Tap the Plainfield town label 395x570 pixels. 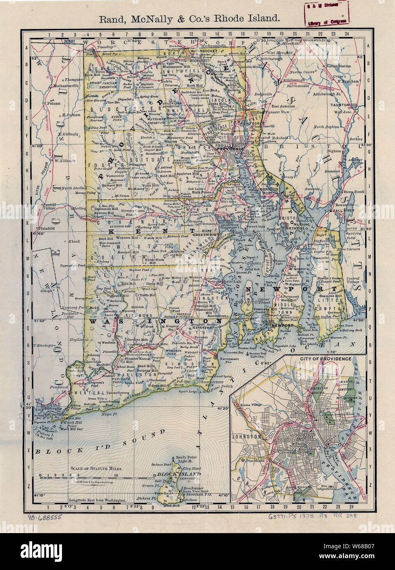pos(43,225)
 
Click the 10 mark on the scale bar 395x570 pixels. pos(117,476)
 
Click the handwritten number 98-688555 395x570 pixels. pos(45,518)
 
